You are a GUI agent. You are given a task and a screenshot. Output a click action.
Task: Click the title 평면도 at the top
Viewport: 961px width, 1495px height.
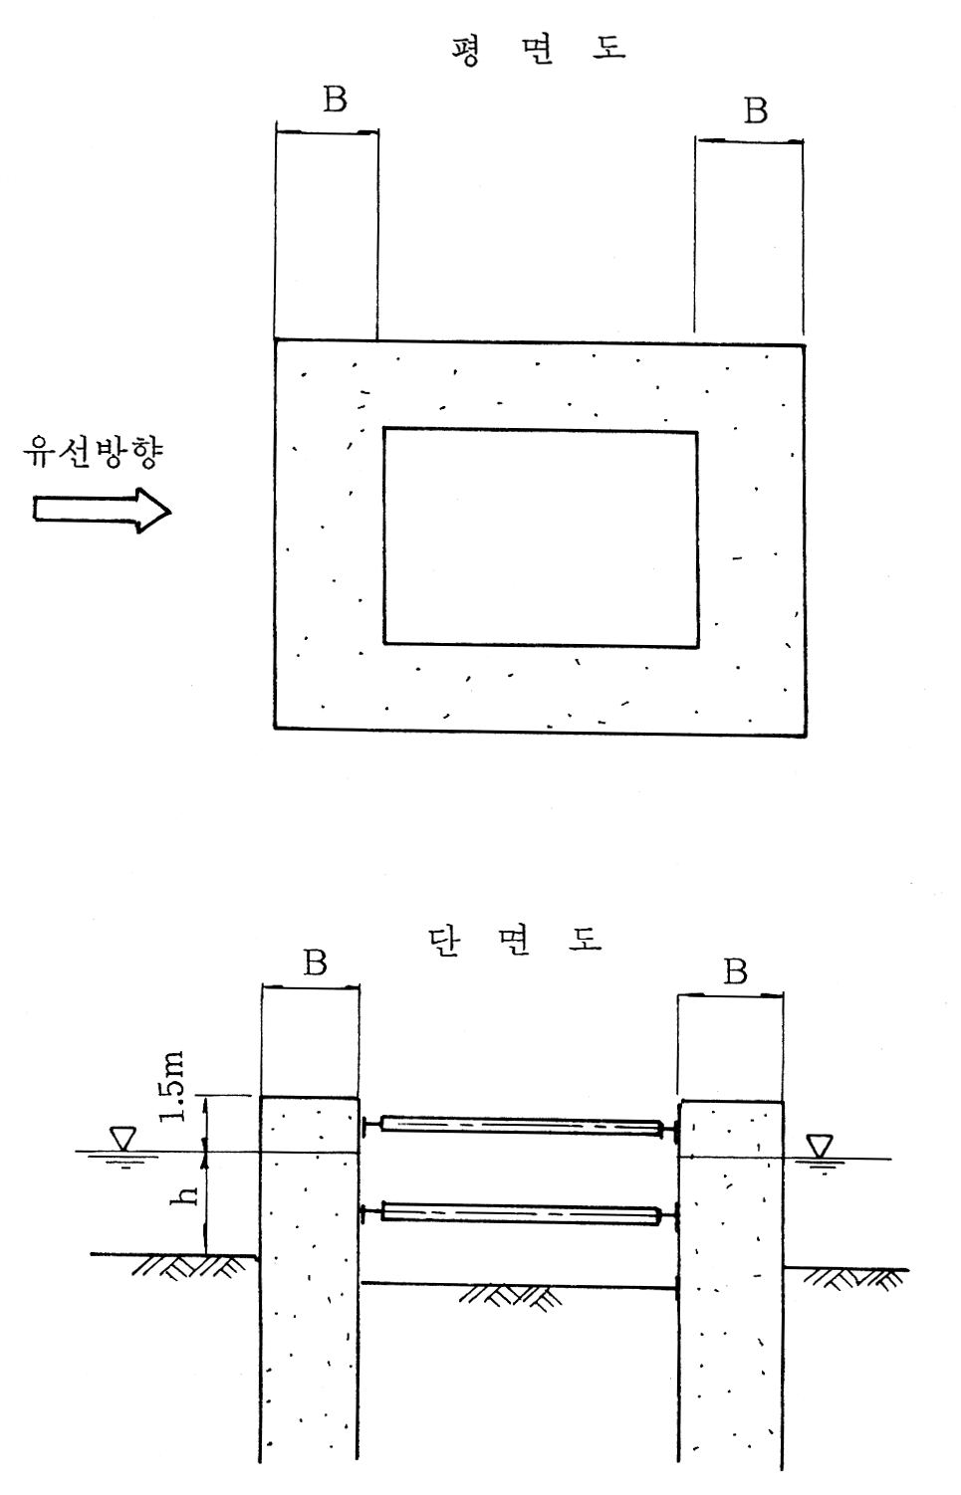(x=539, y=50)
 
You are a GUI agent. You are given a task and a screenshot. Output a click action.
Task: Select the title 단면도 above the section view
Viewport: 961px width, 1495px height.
(x=514, y=940)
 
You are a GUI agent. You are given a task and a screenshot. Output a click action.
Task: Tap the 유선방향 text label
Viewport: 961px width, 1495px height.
(x=93, y=453)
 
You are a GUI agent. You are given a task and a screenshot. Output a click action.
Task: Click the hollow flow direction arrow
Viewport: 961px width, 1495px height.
(x=103, y=511)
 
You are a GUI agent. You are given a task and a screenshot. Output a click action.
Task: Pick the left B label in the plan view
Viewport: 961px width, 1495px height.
(x=335, y=100)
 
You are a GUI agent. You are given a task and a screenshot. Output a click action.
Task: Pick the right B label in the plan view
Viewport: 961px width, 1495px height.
(x=755, y=110)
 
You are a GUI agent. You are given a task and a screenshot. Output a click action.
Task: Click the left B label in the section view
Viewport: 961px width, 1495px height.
(x=316, y=961)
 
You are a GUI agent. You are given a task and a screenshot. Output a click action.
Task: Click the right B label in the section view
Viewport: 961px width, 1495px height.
(x=735, y=971)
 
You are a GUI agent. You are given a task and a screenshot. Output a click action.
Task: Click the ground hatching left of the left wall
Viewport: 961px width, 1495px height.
(x=189, y=1267)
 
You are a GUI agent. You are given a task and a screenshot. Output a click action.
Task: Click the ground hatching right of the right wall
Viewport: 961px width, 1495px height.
(x=852, y=1279)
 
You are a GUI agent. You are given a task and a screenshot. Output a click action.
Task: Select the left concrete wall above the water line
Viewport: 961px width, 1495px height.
(x=310, y=1125)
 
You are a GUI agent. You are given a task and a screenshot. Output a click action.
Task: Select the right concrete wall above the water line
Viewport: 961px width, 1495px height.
(x=731, y=1130)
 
